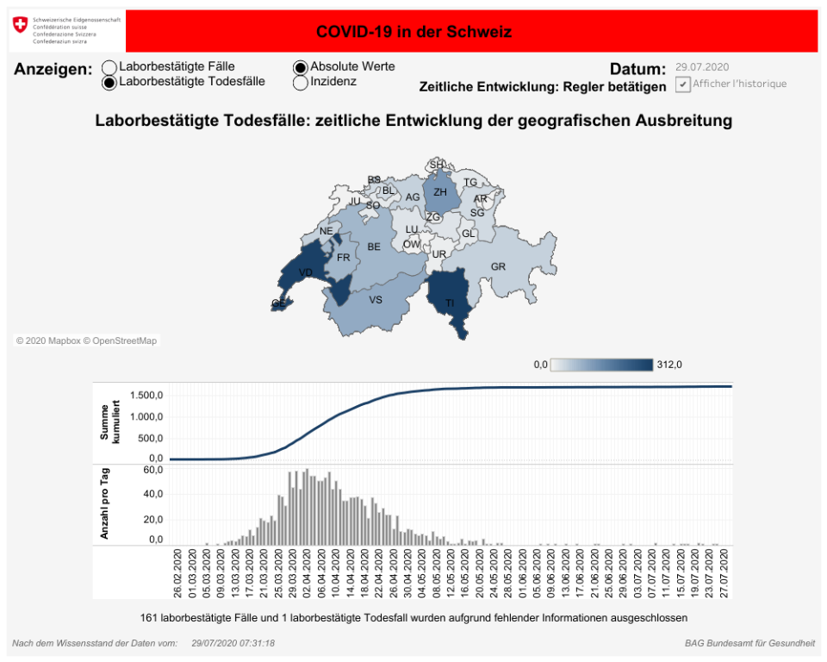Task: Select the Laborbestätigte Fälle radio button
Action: tap(109, 67)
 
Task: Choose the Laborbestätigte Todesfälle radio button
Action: tap(109, 83)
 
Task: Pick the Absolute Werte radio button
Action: tap(301, 67)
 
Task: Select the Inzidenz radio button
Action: tap(301, 83)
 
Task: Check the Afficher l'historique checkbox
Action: tap(683, 84)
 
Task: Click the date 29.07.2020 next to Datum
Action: tap(702, 67)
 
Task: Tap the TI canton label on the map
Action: tap(450, 303)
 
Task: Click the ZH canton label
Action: tap(440, 192)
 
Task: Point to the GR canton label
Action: tap(498, 267)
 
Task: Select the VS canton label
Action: tap(376, 300)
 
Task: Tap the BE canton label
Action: tap(374, 247)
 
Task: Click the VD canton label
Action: tap(305, 273)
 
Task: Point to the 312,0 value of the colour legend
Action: tap(669, 365)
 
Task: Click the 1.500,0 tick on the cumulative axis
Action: tap(146, 396)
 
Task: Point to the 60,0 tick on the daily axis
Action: tap(153, 471)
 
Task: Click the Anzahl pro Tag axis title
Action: tap(105, 505)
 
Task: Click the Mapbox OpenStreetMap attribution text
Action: tap(87, 341)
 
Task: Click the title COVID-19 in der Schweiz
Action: tap(413, 32)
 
